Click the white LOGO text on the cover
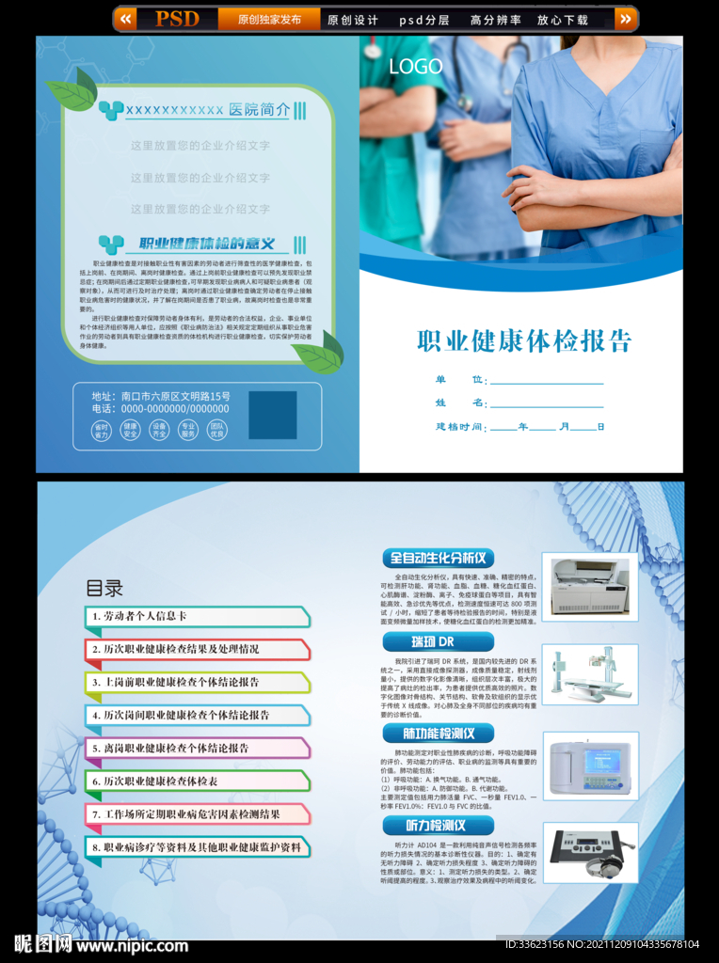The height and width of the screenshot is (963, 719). [416, 67]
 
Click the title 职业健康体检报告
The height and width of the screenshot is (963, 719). [524, 340]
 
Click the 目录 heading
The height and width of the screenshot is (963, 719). [104, 589]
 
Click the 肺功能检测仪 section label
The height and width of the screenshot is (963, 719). [438, 734]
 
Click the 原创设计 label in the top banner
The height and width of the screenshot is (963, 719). [352, 20]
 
